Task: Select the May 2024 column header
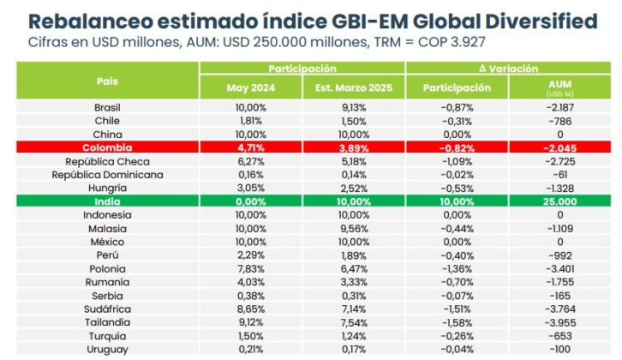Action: click(x=250, y=87)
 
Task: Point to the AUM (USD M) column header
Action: click(x=559, y=87)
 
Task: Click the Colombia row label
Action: click(x=107, y=148)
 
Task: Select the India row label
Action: click(x=107, y=201)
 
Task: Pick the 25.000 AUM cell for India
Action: click(x=559, y=201)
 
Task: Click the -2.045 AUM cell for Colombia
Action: click(x=559, y=148)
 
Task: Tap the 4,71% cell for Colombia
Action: click(x=250, y=148)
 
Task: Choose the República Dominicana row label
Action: click(x=107, y=175)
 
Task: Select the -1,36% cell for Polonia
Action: click(x=457, y=268)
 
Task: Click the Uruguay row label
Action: click(x=107, y=350)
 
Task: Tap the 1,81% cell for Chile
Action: click(x=250, y=122)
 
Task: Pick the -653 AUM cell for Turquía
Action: click(x=559, y=336)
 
